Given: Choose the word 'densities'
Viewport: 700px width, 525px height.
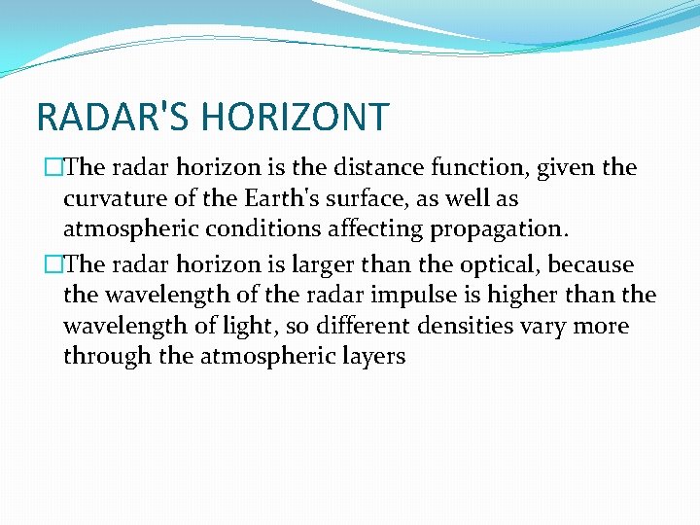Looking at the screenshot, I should pyautogui.click(x=427, y=326).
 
